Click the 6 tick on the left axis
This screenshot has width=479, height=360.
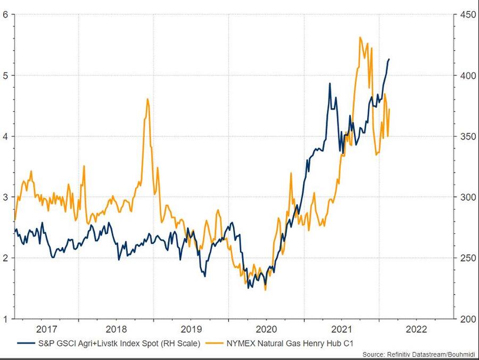5,14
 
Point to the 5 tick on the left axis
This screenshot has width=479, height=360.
5,75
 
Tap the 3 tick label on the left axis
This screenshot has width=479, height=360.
5,197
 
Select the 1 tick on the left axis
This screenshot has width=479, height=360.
5,319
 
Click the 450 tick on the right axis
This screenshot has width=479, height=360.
467,14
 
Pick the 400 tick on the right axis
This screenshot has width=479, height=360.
467,75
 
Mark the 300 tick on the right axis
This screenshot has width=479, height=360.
467,197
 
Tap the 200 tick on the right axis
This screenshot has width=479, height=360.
467,319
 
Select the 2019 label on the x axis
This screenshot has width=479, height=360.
191,329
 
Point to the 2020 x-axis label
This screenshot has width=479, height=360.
266,329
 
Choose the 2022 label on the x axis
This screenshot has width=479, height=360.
416,329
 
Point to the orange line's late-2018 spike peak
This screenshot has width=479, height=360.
147,99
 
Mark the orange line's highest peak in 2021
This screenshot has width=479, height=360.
360,37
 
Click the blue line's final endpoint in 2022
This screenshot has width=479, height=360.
389,59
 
